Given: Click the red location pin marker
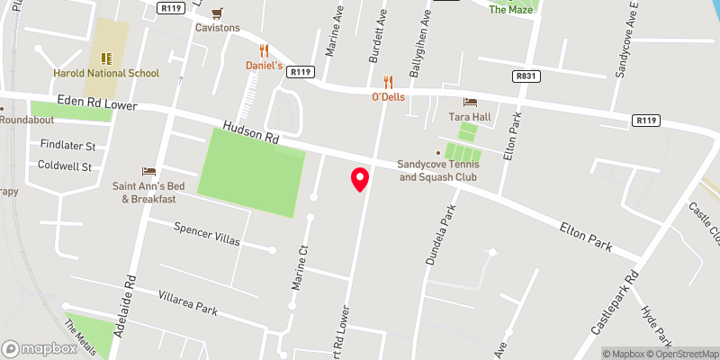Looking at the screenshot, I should pyautogui.click(x=360, y=179).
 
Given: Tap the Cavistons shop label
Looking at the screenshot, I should pyautogui.click(x=218, y=28).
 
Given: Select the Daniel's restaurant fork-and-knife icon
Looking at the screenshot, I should pyautogui.click(x=265, y=50).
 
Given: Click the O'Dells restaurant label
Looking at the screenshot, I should pyautogui.click(x=389, y=96).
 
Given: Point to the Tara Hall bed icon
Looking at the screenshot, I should pyautogui.click(x=468, y=102).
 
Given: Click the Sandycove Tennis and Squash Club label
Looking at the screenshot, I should pyautogui.click(x=439, y=169).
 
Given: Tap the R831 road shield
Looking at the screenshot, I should pyautogui.click(x=526, y=77).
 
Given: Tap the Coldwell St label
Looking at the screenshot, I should pyautogui.click(x=65, y=166).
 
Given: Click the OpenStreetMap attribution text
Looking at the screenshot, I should pyautogui.click(x=685, y=354).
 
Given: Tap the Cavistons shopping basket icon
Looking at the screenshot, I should pyautogui.click(x=217, y=13).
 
